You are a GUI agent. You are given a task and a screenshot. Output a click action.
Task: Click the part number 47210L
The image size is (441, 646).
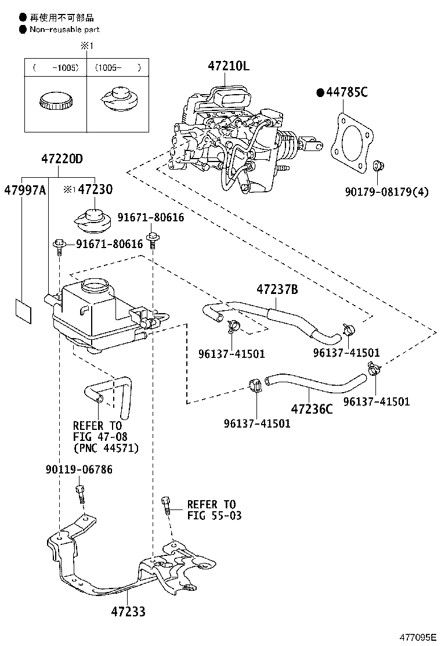pos(228,66)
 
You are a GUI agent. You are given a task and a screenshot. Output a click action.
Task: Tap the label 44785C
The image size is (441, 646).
pos(347,92)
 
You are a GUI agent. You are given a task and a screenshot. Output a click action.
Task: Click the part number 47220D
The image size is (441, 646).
pos(62,159)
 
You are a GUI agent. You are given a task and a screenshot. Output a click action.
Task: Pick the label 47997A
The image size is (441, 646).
pos(25,190)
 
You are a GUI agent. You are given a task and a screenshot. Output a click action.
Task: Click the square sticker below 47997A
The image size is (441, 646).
pos(23,311)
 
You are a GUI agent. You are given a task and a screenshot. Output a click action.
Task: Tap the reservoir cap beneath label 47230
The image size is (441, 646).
pos(93,220)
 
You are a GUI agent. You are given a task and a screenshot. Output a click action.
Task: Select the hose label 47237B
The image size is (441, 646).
pos(277,290)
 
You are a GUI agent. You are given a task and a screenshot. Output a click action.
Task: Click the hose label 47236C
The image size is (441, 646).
pos(312,409)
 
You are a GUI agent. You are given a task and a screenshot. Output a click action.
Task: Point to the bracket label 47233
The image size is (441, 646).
pos(128,612)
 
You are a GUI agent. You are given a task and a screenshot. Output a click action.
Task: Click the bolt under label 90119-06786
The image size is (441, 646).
pos(80,494)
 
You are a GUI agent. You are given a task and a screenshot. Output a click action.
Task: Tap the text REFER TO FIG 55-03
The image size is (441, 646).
pos(214,510)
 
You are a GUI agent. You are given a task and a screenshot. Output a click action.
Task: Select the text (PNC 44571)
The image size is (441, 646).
pos(106,448)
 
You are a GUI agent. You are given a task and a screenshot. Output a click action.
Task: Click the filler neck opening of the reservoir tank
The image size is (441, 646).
pos(95,284)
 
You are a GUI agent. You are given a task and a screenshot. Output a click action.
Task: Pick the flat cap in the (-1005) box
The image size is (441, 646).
pos(56,101)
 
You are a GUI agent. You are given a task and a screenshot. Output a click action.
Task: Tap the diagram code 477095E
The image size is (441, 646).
pos(418,637)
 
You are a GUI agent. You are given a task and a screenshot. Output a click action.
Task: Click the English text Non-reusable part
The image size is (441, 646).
pos(64,30)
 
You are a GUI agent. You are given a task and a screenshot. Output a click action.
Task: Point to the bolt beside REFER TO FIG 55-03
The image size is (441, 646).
pos(166,505)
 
